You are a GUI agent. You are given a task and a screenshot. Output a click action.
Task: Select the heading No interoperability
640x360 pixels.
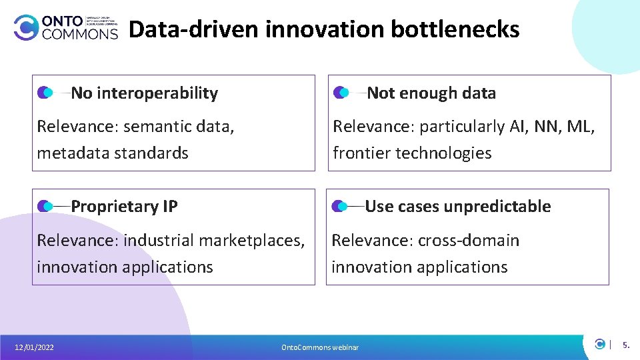pos(145,93)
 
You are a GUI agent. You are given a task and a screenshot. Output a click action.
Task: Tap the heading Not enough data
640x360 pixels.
pos(431,93)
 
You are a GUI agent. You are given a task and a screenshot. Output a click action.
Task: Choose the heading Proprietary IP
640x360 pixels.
pos(125,207)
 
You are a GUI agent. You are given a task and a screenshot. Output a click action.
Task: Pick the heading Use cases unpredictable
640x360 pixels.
pos(458,207)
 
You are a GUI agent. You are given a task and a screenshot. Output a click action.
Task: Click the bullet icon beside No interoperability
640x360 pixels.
pos(45,93)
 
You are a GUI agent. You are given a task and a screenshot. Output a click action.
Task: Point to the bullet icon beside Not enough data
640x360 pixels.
pos(341,93)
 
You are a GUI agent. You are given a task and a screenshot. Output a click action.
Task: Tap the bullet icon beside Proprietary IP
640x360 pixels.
pos(45,206)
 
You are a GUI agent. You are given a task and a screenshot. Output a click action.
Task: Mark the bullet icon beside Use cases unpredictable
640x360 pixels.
pos(339,206)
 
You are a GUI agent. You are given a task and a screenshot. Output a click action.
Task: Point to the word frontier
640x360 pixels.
pos(362,153)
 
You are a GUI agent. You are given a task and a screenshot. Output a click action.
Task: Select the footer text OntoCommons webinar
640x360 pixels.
pos(320,347)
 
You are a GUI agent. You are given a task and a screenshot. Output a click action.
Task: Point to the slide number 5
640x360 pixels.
pos(625,345)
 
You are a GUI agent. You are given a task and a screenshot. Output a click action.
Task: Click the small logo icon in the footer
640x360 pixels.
pos(600,344)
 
